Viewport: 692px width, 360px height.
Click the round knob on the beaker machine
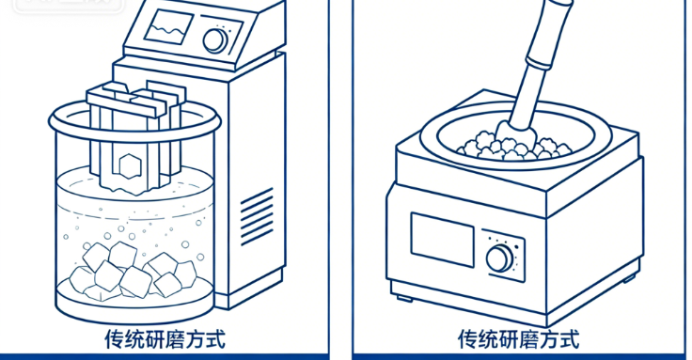coord(215,41)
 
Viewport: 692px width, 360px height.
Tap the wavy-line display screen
coord(168,27)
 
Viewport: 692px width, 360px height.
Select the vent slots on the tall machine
coord(257,216)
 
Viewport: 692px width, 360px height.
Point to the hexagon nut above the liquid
coord(130,166)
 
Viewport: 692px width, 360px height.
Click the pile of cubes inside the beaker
coord(134,271)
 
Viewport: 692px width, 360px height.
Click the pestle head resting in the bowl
coord(516,133)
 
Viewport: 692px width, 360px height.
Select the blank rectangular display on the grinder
coord(442,240)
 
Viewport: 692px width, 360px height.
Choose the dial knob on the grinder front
coord(499,258)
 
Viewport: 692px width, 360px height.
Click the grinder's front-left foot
coord(404,299)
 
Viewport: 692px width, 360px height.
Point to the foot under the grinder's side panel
coord(630,278)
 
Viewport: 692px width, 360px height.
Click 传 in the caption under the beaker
coord(115,339)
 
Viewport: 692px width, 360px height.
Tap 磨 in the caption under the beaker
coord(175,339)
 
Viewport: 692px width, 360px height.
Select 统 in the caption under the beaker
coord(134,339)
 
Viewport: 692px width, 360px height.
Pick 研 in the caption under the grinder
coord(508,339)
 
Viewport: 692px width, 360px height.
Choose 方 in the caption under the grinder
coord(548,339)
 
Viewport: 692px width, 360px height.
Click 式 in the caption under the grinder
coord(569,339)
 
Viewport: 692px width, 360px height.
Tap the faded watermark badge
coord(69,6)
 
